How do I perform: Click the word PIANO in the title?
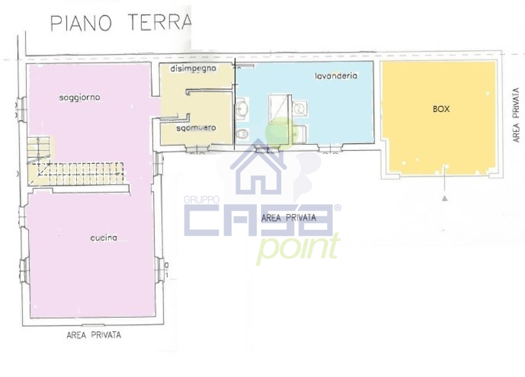pyautogui.click(x=81, y=23)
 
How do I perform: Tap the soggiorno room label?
pyautogui.click(x=80, y=97)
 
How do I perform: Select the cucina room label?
pyautogui.click(x=104, y=238)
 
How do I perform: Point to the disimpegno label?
pyautogui.click(x=193, y=69)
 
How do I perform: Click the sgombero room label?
pyautogui.click(x=196, y=128)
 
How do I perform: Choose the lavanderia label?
pyautogui.click(x=336, y=76)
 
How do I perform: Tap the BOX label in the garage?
pyautogui.click(x=441, y=109)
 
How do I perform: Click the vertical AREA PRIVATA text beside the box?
pyautogui.click(x=516, y=115)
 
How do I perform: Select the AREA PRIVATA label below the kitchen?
pyautogui.click(x=94, y=335)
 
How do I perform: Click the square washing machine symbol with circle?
pyautogui.click(x=300, y=108)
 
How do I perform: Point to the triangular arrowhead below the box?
pyautogui.click(x=445, y=199)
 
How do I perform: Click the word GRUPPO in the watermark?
pyautogui.click(x=201, y=199)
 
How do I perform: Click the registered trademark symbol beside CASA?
pyautogui.click(x=337, y=208)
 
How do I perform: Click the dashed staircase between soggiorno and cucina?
pyautogui.click(x=75, y=173)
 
